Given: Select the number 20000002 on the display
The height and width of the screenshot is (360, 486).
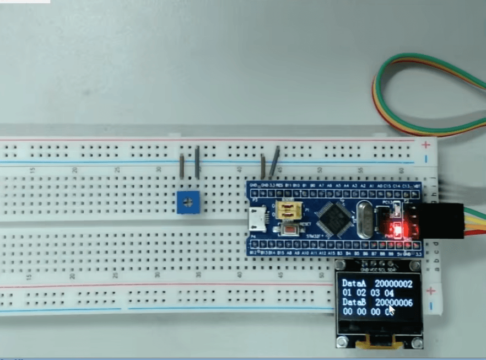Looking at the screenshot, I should [393, 283].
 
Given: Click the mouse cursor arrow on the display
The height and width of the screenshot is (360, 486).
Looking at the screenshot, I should [391, 309].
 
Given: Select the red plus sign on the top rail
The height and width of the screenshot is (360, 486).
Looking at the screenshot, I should [425, 145].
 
